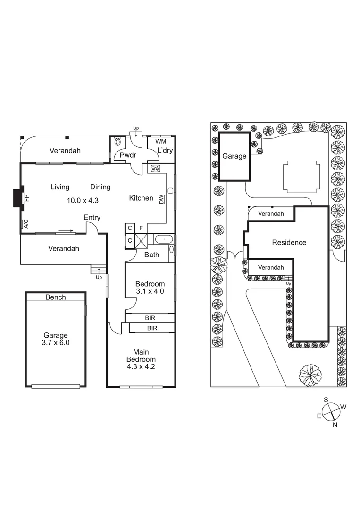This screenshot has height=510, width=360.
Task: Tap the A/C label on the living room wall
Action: click(x=26, y=224)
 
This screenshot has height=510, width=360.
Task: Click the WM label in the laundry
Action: click(x=160, y=141)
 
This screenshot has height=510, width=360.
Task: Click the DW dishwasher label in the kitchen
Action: click(x=161, y=200)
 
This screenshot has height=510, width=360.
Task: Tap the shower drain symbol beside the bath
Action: click(x=141, y=241)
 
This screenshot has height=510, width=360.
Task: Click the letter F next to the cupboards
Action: click(x=141, y=228)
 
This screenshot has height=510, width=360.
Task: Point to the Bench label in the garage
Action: click(x=56, y=297)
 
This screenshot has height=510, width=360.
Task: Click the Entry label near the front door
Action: click(x=92, y=218)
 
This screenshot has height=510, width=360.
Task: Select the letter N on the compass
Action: click(x=335, y=425)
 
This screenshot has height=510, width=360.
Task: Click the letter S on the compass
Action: click(x=326, y=399)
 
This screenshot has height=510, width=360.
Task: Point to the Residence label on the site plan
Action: click(x=289, y=242)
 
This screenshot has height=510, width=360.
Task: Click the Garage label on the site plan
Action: click(x=234, y=156)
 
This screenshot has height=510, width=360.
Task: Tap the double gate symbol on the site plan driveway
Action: click(x=234, y=255)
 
